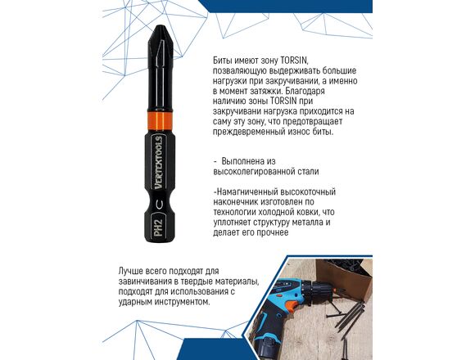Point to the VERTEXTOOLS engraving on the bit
point(160,163)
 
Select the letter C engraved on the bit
point(160,205)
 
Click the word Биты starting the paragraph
point(223,61)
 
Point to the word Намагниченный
point(247,191)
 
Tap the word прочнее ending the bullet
point(273,232)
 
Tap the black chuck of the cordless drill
point(322,290)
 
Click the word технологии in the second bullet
point(235,212)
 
